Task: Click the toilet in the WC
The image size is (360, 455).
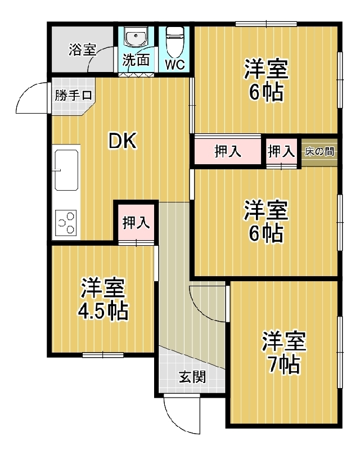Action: click(174, 42)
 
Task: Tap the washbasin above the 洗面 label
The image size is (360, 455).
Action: click(136, 37)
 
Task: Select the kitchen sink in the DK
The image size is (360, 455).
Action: click(67, 170)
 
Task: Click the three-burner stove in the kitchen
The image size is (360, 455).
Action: click(66, 223)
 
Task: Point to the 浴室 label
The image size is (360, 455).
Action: click(82, 50)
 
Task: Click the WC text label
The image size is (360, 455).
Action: click(175, 65)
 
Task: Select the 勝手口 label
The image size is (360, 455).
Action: click(73, 95)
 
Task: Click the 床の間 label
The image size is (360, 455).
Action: click(319, 151)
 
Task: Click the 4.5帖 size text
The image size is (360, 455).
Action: click(102, 311)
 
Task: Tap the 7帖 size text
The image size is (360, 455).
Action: click(283, 364)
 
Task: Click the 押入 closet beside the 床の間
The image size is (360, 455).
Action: click(282, 152)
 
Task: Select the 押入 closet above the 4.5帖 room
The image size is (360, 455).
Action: click(136, 223)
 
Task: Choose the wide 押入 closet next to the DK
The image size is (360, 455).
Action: click(228, 151)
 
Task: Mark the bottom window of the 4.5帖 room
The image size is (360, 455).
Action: click(103, 354)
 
